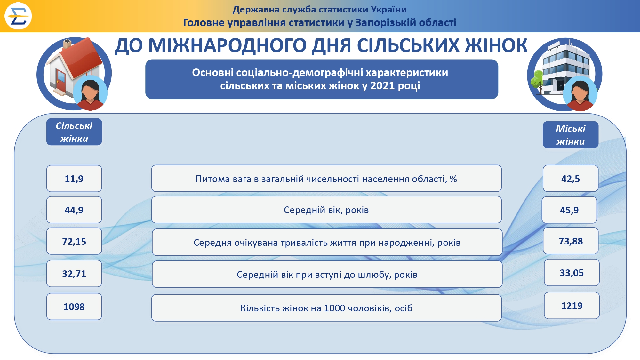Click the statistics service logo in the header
pyautogui.click(x=18, y=16)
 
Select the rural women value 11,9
pyautogui.click(x=74, y=179)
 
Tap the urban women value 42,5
pyautogui.click(x=570, y=179)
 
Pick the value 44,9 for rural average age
pyautogui.click(x=74, y=210)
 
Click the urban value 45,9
pyautogui.click(x=569, y=210)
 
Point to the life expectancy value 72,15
pyautogui.click(x=74, y=241)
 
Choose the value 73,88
pyautogui.click(x=571, y=241)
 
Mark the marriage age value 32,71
pyautogui.click(x=74, y=274)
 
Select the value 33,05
pyautogui.click(x=572, y=273)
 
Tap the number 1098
pyautogui.click(x=74, y=307)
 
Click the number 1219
pyautogui.click(x=572, y=306)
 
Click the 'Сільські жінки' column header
pyautogui.click(x=74, y=132)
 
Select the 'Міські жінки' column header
pyautogui.click(x=571, y=135)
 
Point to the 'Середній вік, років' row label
pyautogui.click(x=326, y=210)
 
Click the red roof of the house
pyautogui.click(x=84, y=58)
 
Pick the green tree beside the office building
pyautogui.click(x=538, y=81)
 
